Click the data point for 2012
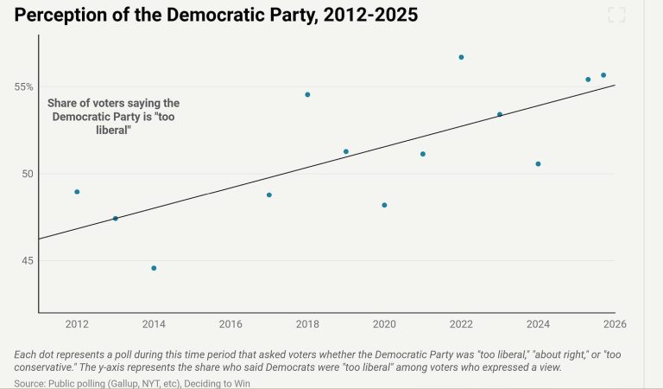77,192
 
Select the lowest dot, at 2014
154,268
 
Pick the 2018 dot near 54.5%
307,94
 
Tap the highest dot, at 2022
461,57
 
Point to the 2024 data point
538,164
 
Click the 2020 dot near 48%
384,205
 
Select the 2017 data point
269,195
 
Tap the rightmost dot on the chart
603,75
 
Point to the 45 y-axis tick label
27,260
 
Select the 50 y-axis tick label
27,174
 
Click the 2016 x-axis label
230,324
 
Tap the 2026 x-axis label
615,324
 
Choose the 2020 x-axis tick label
384,324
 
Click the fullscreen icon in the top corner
616,15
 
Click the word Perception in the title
61,16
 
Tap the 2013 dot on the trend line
115,219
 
